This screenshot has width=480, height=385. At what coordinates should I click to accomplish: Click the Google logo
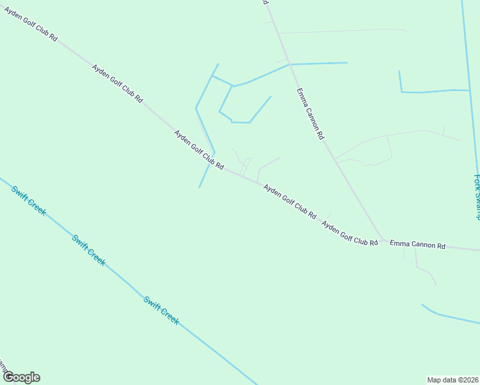pyautogui.click(x=21, y=377)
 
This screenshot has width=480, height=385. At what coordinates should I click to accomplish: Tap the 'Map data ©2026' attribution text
pyautogui.click(x=452, y=379)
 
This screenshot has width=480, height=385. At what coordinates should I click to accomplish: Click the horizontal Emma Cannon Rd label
pyautogui.click(x=417, y=245)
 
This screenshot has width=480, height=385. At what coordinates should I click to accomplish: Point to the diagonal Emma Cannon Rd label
pyautogui.click(x=311, y=114)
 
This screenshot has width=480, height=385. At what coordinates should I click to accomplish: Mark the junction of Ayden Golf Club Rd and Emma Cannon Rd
pyautogui.click(x=383, y=241)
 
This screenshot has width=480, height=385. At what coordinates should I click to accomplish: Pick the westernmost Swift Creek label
pyautogui.click(x=28, y=200)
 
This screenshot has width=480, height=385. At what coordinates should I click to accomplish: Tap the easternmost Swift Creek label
pyautogui.click(x=160, y=310)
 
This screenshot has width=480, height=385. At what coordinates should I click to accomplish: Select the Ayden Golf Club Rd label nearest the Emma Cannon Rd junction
pyautogui.click(x=350, y=233)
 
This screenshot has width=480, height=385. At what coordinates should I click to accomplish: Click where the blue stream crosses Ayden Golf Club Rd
pyautogui.click(x=209, y=164)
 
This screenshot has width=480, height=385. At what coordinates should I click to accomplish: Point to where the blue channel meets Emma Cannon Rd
pyautogui.click(x=290, y=64)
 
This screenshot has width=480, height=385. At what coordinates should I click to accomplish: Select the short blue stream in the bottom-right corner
pyautogui.click(x=449, y=317)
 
